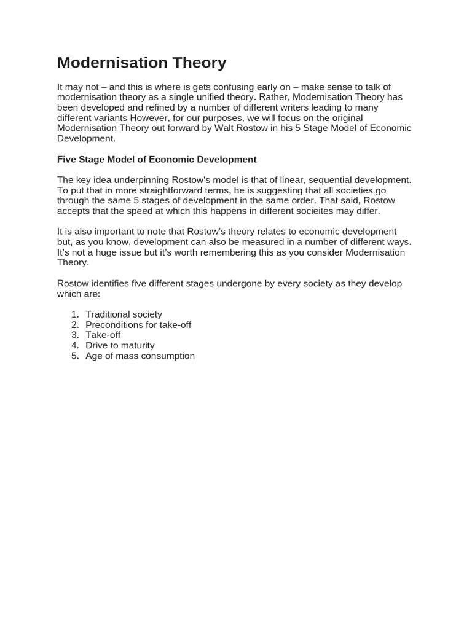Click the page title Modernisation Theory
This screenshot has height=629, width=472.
tap(141, 63)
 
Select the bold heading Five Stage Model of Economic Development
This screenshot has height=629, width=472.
tap(157, 159)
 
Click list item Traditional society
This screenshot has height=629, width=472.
tap(124, 314)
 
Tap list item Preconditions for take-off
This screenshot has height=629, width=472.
tap(138, 325)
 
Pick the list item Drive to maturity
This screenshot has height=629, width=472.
tap(120, 345)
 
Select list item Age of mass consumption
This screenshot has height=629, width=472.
tap(140, 356)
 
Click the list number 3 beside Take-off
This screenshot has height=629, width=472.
tap(75, 335)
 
